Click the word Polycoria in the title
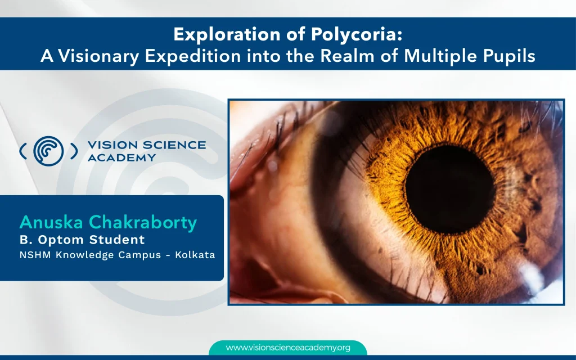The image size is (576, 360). [x=356, y=34]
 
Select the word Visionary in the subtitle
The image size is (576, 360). [x=98, y=56]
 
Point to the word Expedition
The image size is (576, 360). [x=193, y=56]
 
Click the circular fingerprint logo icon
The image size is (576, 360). [x=48, y=151]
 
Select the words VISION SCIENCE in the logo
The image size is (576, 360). [x=147, y=145]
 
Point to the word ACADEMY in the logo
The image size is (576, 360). [x=122, y=157]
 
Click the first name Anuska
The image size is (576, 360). [x=52, y=222]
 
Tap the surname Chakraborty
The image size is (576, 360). [x=143, y=222]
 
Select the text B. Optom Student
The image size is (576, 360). [x=82, y=240]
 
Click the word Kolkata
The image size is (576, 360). [x=195, y=255]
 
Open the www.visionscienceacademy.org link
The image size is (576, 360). [x=288, y=348]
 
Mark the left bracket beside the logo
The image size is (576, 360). [x=22, y=151]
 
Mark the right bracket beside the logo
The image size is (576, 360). [x=74, y=151]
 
